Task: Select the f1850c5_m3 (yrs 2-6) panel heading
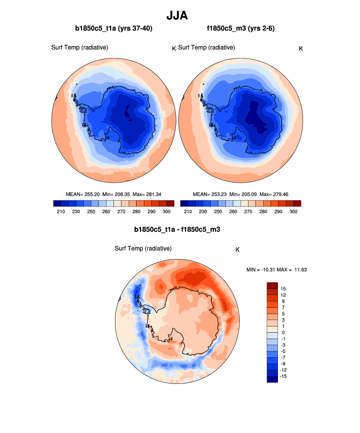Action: pyautogui.click(x=241, y=28)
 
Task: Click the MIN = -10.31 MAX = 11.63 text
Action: pyautogui.click(x=277, y=270)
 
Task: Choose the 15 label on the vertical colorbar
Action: pyautogui.click(x=283, y=288)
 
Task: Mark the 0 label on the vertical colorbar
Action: pyautogui.click(x=283, y=332)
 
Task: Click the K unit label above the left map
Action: pyautogui.click(x=173, y=48)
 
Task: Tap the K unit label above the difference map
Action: pyautogui.click(x=237, y=249)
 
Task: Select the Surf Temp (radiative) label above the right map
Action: pyautogui.click(x=206, y=48)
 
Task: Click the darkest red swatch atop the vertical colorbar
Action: pyautogui.click(x=273, y=285)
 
